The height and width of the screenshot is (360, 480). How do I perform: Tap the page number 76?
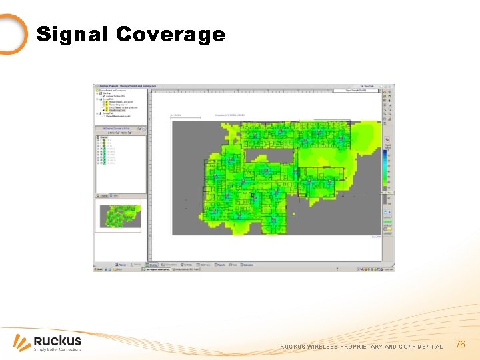point(460,344)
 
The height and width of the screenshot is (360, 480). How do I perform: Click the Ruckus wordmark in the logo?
point(58,340)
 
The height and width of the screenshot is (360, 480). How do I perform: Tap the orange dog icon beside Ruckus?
point(22,342)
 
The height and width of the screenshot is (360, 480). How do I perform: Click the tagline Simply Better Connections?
point(58,349)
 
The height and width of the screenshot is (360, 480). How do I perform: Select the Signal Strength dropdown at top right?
point(364,90)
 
